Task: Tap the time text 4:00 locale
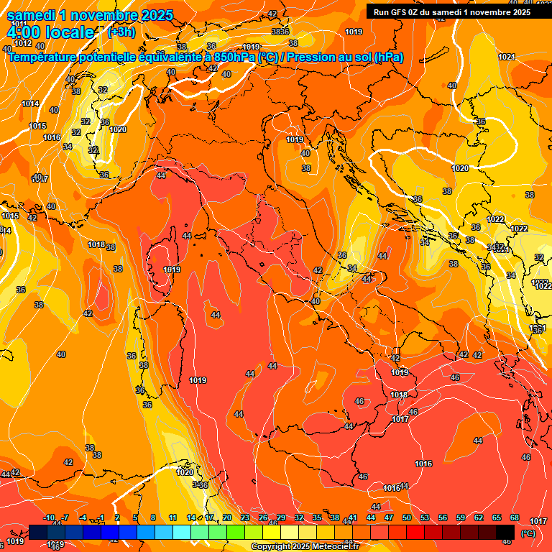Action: click(x=50, y=32)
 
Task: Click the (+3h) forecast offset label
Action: click(x=119, y=32)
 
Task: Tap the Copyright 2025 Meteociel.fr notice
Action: click(x=305, y=547)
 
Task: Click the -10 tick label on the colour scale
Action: click(x=50, y=517)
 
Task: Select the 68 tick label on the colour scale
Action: click(x=515, y=517)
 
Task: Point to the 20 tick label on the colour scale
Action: click(x=227, y=517)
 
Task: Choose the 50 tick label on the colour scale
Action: click(x=407, y=517)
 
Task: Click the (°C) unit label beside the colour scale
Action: click(x=528, y=533)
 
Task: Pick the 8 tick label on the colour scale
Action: click(x=153, y=517)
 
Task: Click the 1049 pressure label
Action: click(x=251, y=47)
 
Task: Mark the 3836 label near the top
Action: click(x=280, y=32)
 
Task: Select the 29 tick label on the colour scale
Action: click(x=281, y=517)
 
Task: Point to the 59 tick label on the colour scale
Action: click(x=461, y=517)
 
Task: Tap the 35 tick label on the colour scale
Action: click(x=317, y=517)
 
